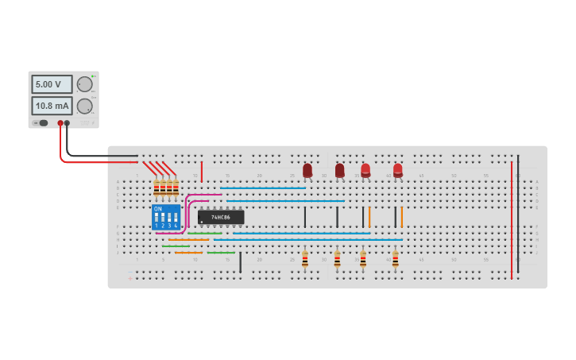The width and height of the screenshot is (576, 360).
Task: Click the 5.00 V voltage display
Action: (x=52, y=84)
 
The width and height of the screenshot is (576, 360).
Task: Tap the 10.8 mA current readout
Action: (x=52, y=106)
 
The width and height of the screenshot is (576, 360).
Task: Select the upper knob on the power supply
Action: (x=84, y=84)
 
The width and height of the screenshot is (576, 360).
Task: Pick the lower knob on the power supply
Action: (x=84, y=106)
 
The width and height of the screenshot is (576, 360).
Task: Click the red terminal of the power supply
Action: (x=60, y=123)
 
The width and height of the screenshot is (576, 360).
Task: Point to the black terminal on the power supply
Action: (x=68, y=123)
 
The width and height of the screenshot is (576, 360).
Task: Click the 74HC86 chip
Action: (x=221, y=217)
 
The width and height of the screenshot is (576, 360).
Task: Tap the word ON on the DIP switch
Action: (x=157, y=209)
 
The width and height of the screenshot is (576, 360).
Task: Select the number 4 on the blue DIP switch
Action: (x=176, y=226)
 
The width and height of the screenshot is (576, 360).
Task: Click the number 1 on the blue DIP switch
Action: (x=157, y=226)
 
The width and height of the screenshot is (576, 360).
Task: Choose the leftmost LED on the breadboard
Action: (x=307, y=170)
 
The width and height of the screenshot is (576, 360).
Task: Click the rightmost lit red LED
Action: (x=398, y=169)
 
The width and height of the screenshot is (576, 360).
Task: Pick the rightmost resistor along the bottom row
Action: (x=395, y=259)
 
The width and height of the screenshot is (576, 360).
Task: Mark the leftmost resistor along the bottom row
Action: (x=304, y=259)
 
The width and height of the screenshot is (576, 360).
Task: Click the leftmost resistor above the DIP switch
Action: (x=157, y=188)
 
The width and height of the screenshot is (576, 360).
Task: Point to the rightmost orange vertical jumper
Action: (x=402, y=217)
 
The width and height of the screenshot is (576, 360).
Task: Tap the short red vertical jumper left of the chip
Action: (x=202, y=172)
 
